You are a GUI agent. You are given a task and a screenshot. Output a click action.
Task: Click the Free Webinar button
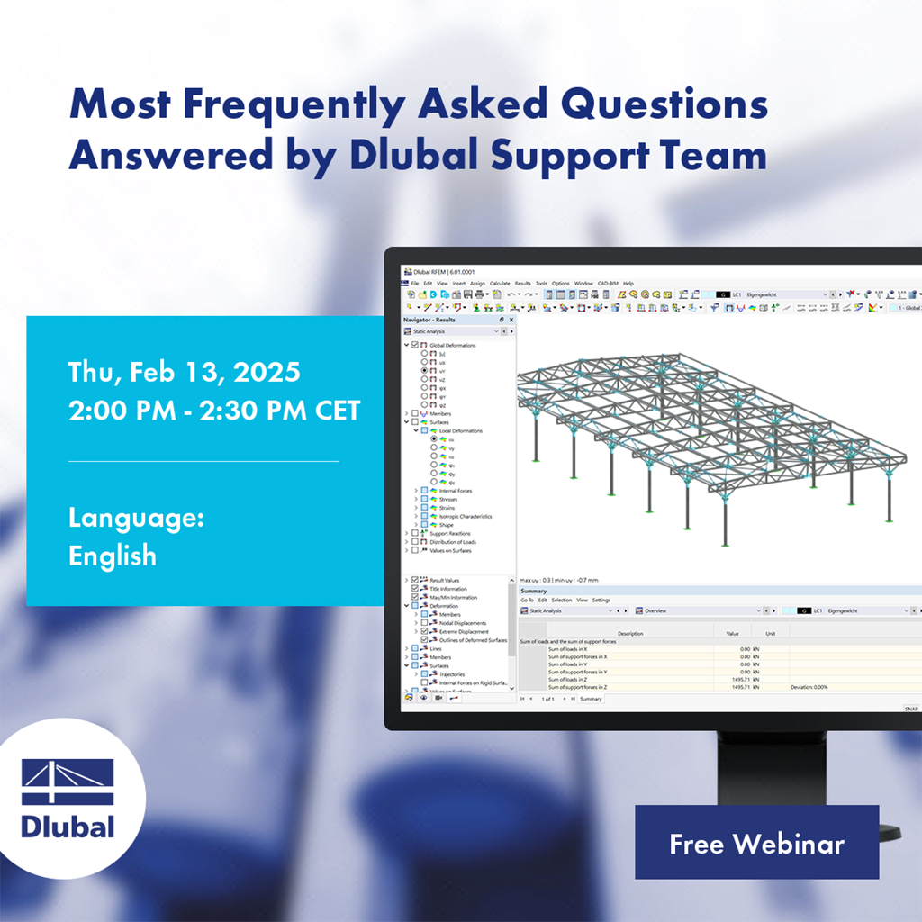click(x=756, y=844)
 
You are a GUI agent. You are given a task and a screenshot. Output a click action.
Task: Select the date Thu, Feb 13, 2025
click(x=185, y=371)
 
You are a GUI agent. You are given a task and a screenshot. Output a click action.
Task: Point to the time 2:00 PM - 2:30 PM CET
click(x=214, y=411)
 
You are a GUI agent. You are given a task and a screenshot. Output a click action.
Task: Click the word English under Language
click(x=113, y=555)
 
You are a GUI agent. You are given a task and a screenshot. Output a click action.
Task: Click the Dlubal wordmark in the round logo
click(x=68, y=826)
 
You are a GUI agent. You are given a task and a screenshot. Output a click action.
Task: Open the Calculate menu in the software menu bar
click(x=500, y=284)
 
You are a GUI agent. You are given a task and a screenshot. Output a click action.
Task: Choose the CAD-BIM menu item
click(x=609, y=284)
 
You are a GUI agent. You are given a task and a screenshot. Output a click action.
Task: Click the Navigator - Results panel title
click(x=429, y=320)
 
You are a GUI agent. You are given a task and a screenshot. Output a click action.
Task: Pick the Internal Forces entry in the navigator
click(x=456, y=491)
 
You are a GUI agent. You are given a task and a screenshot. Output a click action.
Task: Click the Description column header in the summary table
click(x=630, y=633)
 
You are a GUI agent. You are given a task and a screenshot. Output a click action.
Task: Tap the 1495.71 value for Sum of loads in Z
click(x=737, y=680)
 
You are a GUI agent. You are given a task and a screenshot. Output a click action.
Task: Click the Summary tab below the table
click(x=591, y=699)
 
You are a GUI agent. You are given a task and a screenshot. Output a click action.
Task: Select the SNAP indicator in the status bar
click(x=911, y=710)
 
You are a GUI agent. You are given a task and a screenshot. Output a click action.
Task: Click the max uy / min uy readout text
click(x=558, y=580)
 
